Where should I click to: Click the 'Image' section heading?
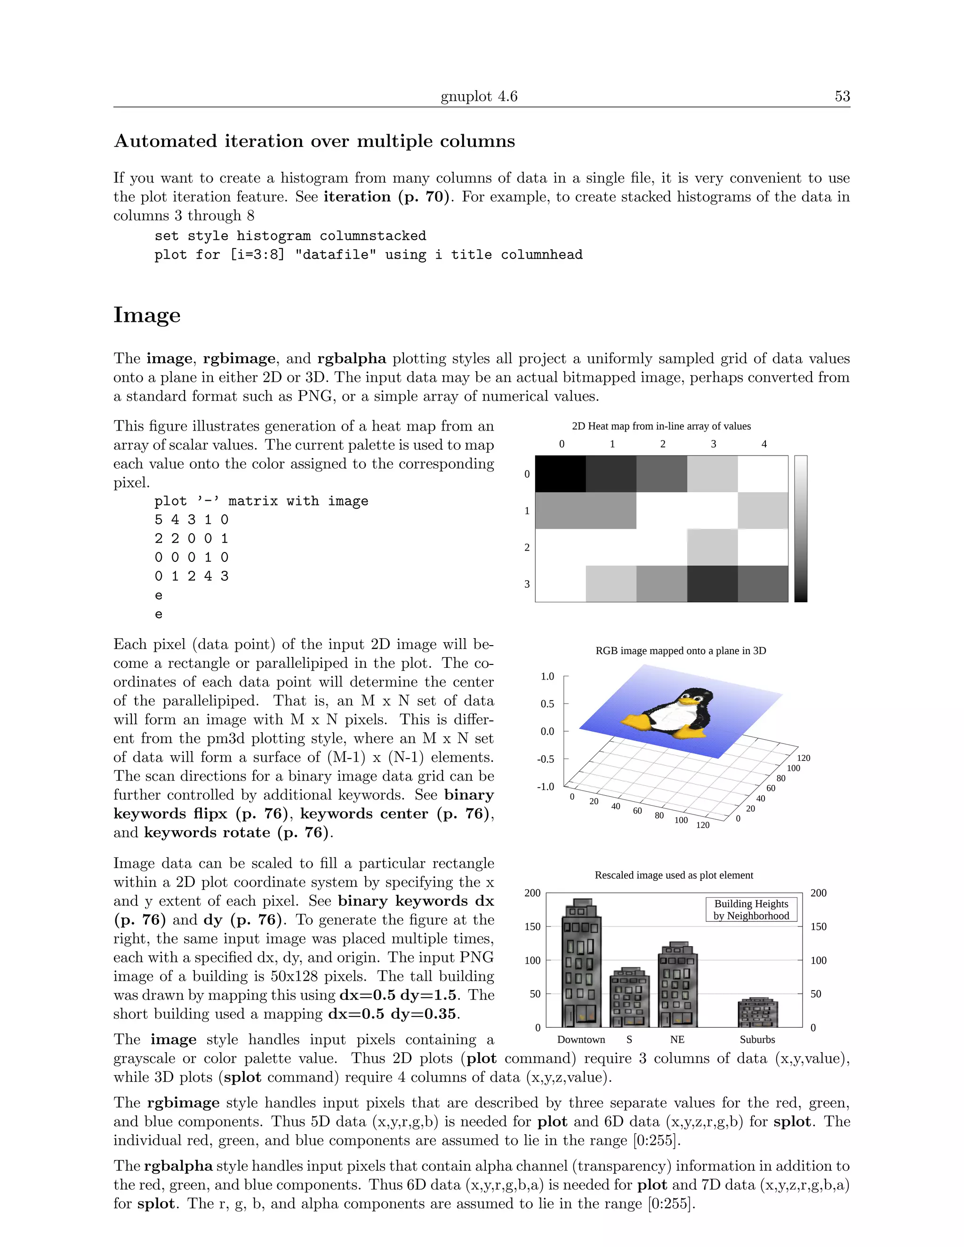pos(147,315)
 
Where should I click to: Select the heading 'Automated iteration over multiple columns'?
pos(314,141)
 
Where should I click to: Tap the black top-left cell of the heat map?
pos(560,474)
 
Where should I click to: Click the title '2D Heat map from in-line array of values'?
pos(661,426)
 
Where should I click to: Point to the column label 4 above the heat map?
pos(763,444)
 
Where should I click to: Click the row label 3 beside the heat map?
pos(527,584)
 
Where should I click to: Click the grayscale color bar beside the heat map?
pos(801,528)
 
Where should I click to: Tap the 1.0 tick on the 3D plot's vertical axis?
pos(547,677)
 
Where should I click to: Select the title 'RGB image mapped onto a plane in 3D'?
pos(680,651)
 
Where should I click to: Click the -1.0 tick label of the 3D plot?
pos(546,787)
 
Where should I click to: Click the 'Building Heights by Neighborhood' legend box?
pos(751,910)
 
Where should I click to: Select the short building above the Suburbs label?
pos(758,1013)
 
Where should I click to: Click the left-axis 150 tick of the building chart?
pos(532,927)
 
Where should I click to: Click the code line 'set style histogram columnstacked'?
pos(290,236)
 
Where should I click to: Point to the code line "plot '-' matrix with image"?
pos(261,501)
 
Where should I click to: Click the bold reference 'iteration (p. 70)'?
pos(386,197)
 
